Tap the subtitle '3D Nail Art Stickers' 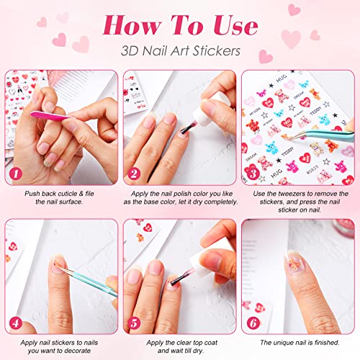point(179,53)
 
